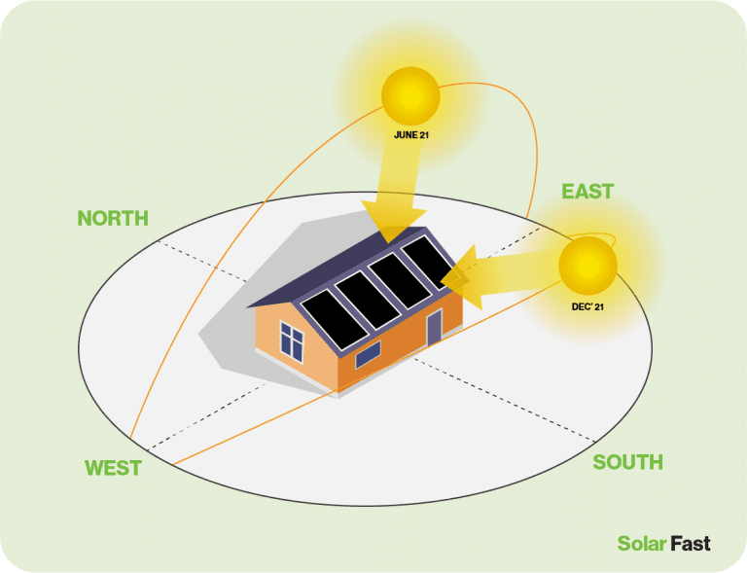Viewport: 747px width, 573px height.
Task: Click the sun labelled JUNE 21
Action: coord(410,94)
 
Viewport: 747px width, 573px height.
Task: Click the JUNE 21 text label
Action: coord(411,135)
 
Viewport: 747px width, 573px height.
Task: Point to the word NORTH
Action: coord(113,218)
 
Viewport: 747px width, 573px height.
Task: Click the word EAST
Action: coord(588,192)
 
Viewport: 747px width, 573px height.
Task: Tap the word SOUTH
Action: coord(627,462)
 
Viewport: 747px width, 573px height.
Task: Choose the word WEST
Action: coord(113,468)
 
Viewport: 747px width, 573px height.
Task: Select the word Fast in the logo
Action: coord(690,544)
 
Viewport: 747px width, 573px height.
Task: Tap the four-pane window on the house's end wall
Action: coord(292,340)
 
